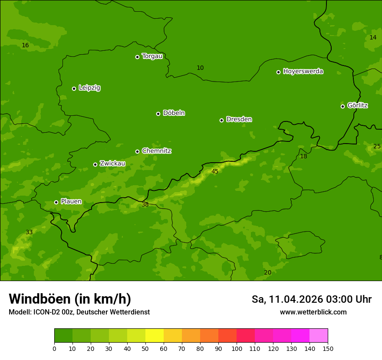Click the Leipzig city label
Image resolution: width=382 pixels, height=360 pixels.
89,88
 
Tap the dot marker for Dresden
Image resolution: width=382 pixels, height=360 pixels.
221,120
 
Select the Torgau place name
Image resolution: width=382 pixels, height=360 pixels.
152,56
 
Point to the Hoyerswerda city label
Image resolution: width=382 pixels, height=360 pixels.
303,72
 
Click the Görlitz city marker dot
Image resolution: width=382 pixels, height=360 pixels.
342,106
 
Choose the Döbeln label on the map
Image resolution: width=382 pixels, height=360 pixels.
174,113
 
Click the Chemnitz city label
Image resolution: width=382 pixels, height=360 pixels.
157,151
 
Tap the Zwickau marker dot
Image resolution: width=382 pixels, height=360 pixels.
95,164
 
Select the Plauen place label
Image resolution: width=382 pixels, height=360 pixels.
71,202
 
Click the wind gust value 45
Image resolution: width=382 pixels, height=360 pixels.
215,172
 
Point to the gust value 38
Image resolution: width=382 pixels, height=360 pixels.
145,205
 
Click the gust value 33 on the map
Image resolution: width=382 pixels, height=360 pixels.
29,232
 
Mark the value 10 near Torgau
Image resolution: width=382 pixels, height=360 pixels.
200,68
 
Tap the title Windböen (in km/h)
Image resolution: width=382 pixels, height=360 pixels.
70,299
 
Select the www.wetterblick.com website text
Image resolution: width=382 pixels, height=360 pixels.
313,312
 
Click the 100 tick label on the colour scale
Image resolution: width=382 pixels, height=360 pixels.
237,348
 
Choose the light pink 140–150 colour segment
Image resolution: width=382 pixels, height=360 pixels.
319,336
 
